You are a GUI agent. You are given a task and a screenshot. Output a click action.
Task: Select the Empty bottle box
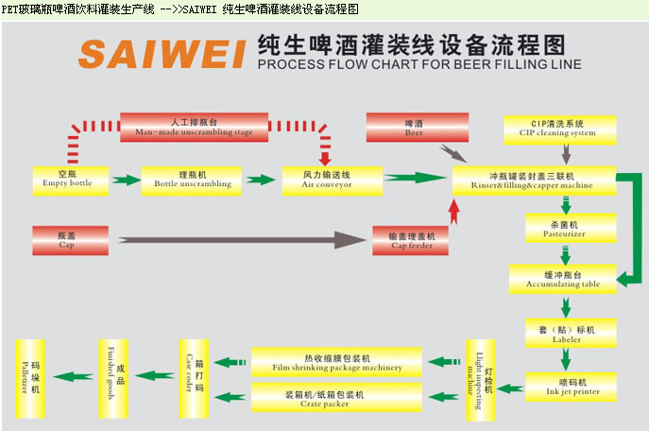tap(67, 179)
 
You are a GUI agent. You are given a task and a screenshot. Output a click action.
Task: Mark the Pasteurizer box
tap(557, 228)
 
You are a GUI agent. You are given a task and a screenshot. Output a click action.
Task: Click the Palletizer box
tap(32, 374)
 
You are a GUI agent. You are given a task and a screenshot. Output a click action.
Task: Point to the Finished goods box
tap(114, 374)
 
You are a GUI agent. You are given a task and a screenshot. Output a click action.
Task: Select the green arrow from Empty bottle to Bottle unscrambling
tap(127, 179)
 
